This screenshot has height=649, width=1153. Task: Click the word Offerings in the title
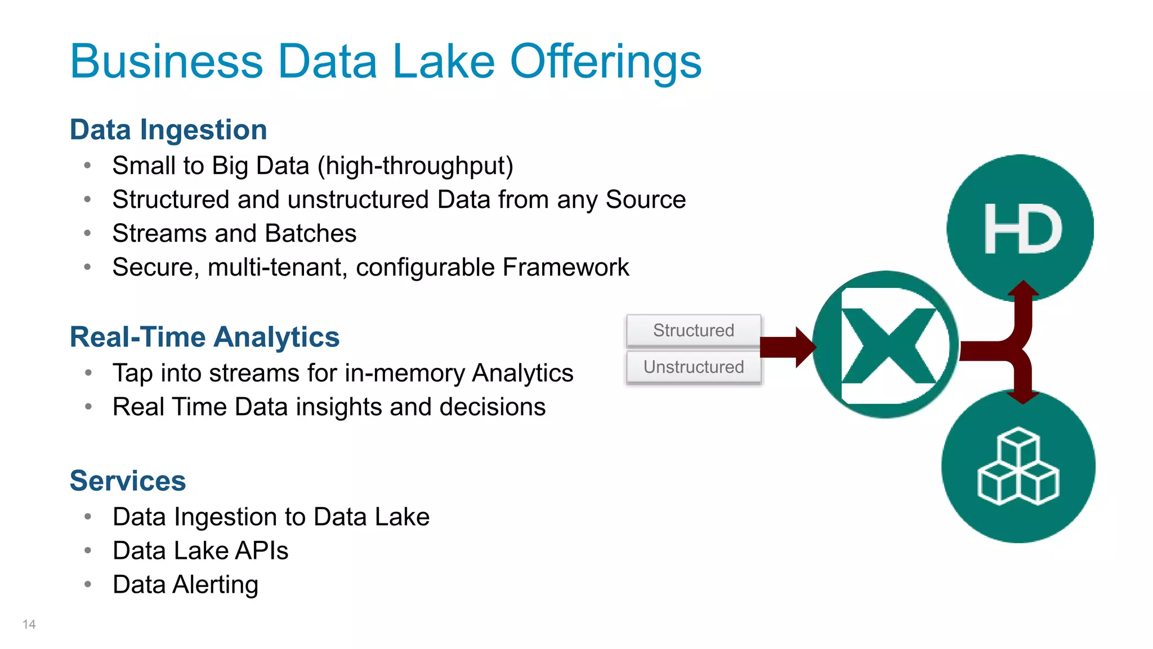click(x=605, y=62)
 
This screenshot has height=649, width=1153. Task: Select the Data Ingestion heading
click(x=168, y=130)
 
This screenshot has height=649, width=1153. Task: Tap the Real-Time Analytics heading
click(x=204, y=337)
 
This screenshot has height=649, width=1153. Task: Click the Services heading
click(x=128, y=481)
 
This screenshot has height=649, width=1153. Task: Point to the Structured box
click(x=694, y=330)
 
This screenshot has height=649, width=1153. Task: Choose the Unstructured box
click(x=694, y=367)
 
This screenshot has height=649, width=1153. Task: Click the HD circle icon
click(x=1020, y=228)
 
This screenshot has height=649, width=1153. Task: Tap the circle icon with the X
click(x=886, y=345)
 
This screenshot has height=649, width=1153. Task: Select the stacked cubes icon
click(x=1018, y=466)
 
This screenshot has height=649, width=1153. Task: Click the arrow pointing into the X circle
click(x=788, y=347)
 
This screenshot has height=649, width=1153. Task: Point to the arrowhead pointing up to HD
click(x=1023, y=289)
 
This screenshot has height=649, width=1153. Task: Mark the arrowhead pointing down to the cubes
click(x=1023, y=397)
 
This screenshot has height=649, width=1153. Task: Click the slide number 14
click(x=29, y=624)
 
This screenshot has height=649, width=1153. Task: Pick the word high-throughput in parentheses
click(x=415, y=166)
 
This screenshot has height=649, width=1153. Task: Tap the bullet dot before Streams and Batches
click(x=88, y=233)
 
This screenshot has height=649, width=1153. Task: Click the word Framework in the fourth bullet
click(x=566, y=267)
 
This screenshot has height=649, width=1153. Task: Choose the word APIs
click(x=262, y=551)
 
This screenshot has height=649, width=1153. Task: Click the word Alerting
click(x=216, y=585)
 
